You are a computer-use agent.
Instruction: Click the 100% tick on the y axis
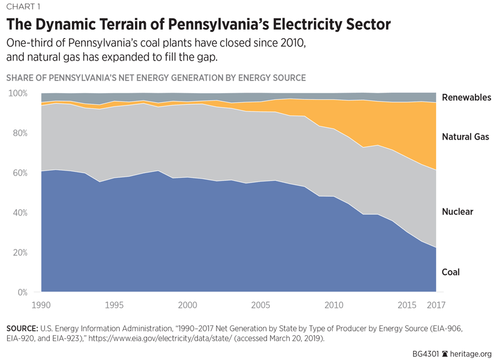pyautogui.click(x=18, y=93)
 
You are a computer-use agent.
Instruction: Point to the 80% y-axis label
pyautogui.click(x=19, y=133)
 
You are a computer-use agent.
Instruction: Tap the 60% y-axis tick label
pyautogui.click(x=19, y=173)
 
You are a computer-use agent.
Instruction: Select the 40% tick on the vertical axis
pyautogui.click(x=19, y=213)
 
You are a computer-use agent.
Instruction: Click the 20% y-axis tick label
pyautogui.click(x=19, y=253)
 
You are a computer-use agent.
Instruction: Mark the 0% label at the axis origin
pyautogui.click(x=22, y=293)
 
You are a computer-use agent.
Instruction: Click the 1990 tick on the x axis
pyautogui.click(x=42, y=304)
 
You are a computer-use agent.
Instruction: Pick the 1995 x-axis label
pyautogui.click(x=115, y=304)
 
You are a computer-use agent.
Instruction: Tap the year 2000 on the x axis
pyautogui.click(x=188, y=304)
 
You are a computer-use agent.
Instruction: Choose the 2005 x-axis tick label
pyautogui.click(x=261, y=304)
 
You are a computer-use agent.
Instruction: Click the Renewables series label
pyautogui.click(x=466, y=97)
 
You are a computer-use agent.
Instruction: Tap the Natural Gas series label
pyautogui.click(x=465, y=137)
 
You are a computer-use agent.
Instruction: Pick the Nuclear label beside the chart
pyautogui.click(x=457, y=212)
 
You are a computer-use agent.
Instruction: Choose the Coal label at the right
pyautogui.click(x=451, y=272)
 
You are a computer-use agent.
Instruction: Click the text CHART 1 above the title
pyautogui.click(x=23, y=8)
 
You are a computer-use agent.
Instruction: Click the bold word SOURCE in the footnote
pyautogui.click(x=23, y=328)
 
